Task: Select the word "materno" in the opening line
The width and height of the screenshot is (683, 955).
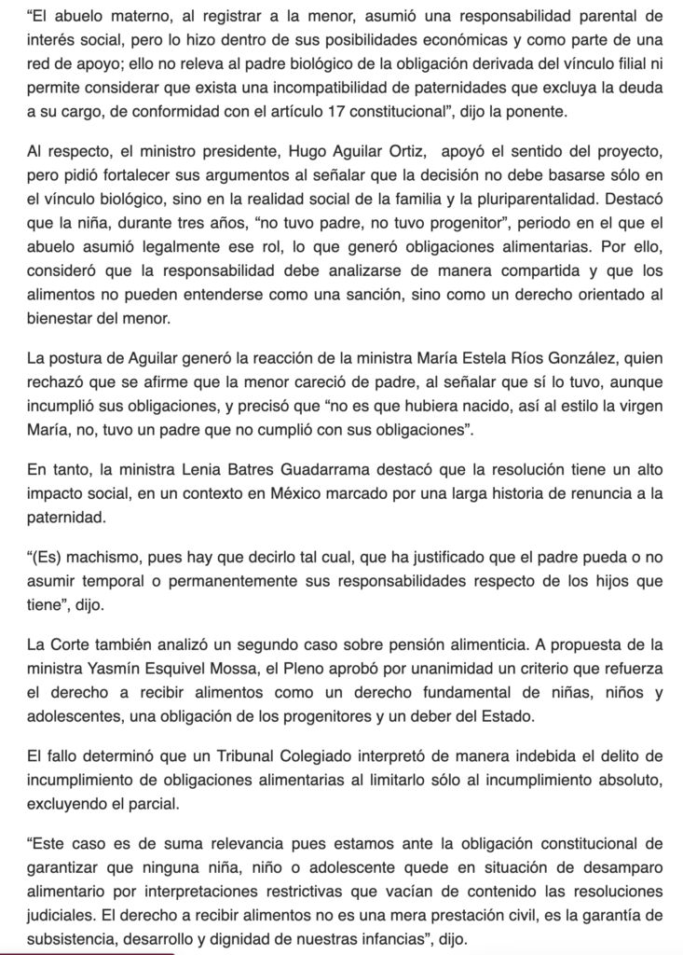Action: click(130, 16)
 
